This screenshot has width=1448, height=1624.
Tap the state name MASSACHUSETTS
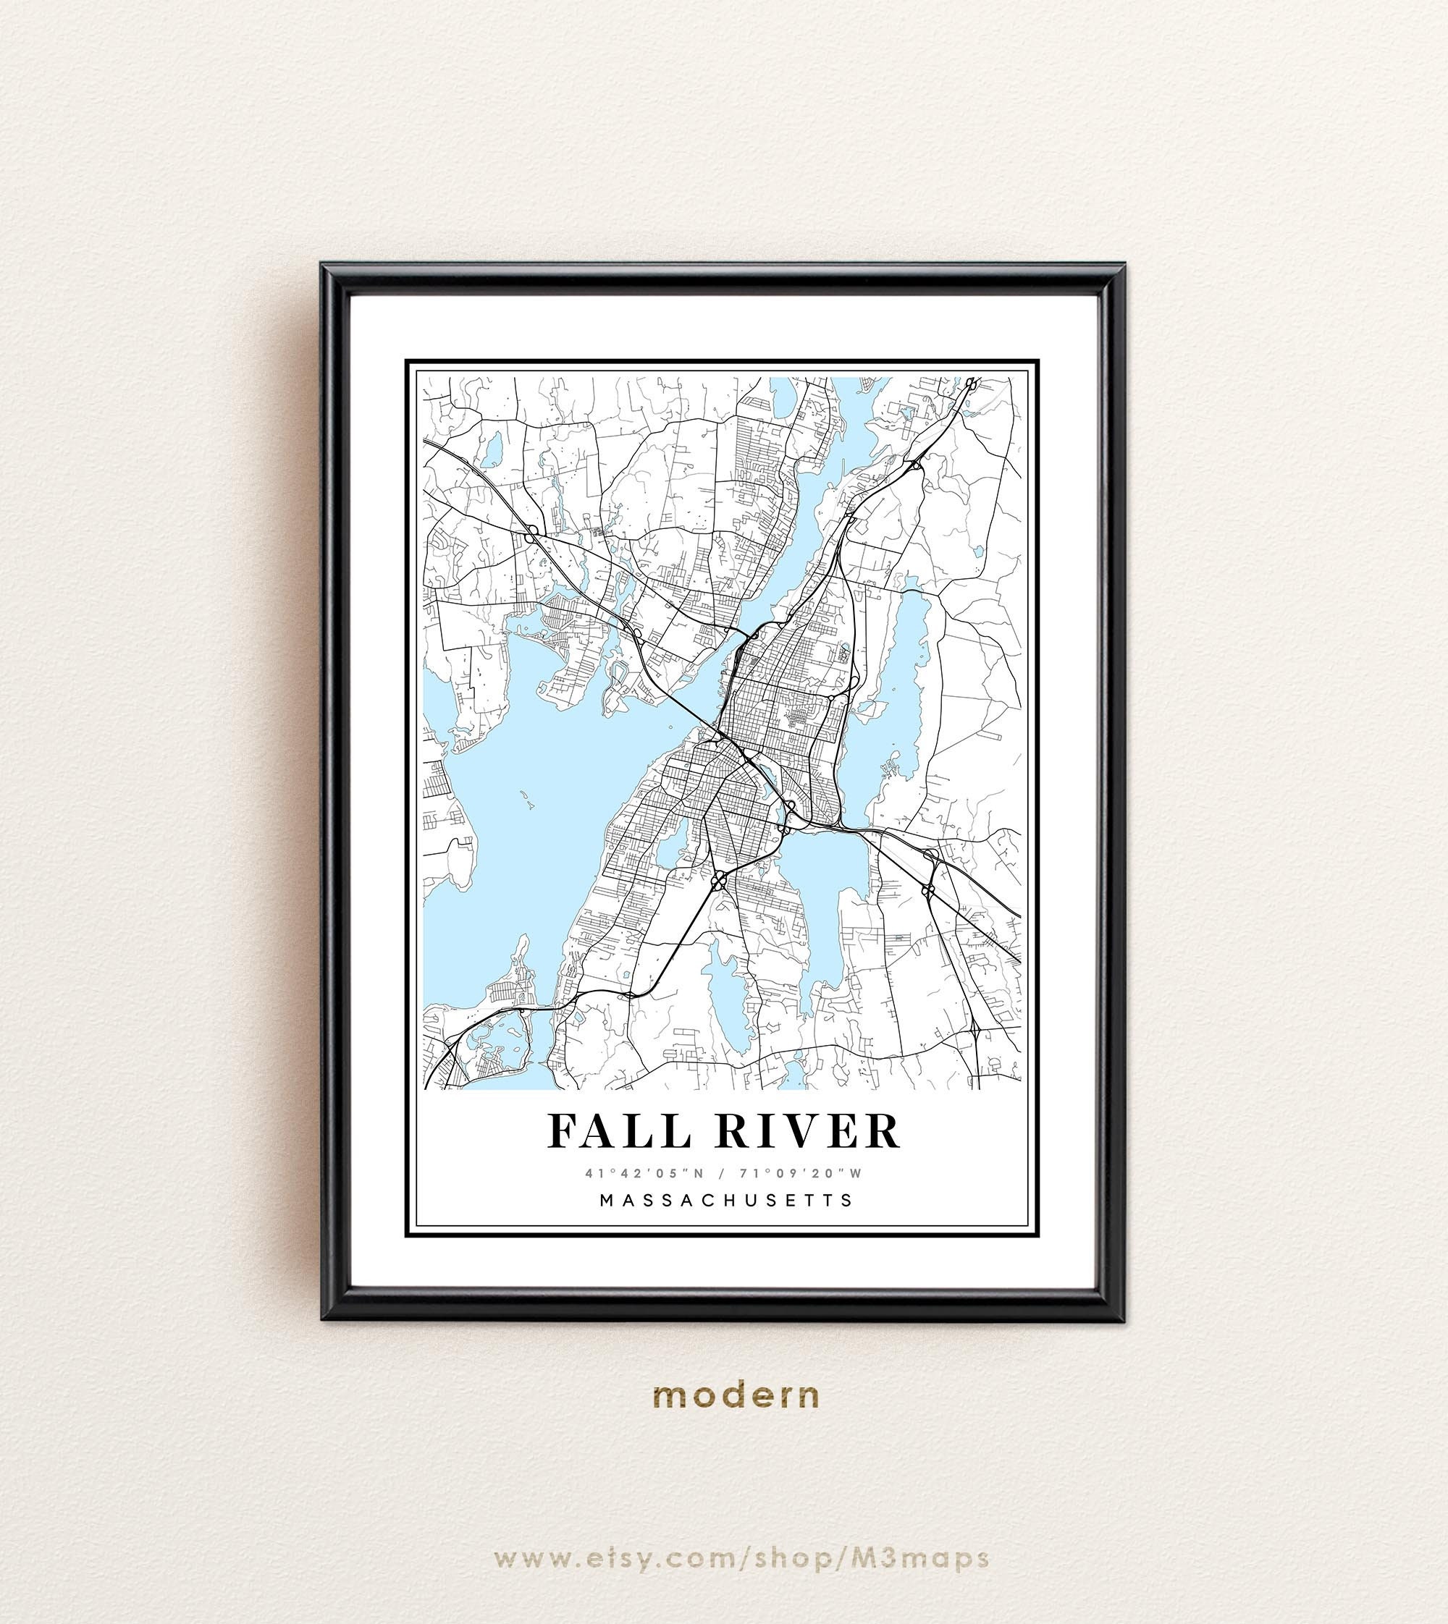(725, 1199)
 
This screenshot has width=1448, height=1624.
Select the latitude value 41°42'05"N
(638, 1173)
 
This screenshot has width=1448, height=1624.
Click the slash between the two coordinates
(724, 1173)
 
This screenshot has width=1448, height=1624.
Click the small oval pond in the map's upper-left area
(492, 450)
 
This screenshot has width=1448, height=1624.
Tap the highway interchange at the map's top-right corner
(972, 384)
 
